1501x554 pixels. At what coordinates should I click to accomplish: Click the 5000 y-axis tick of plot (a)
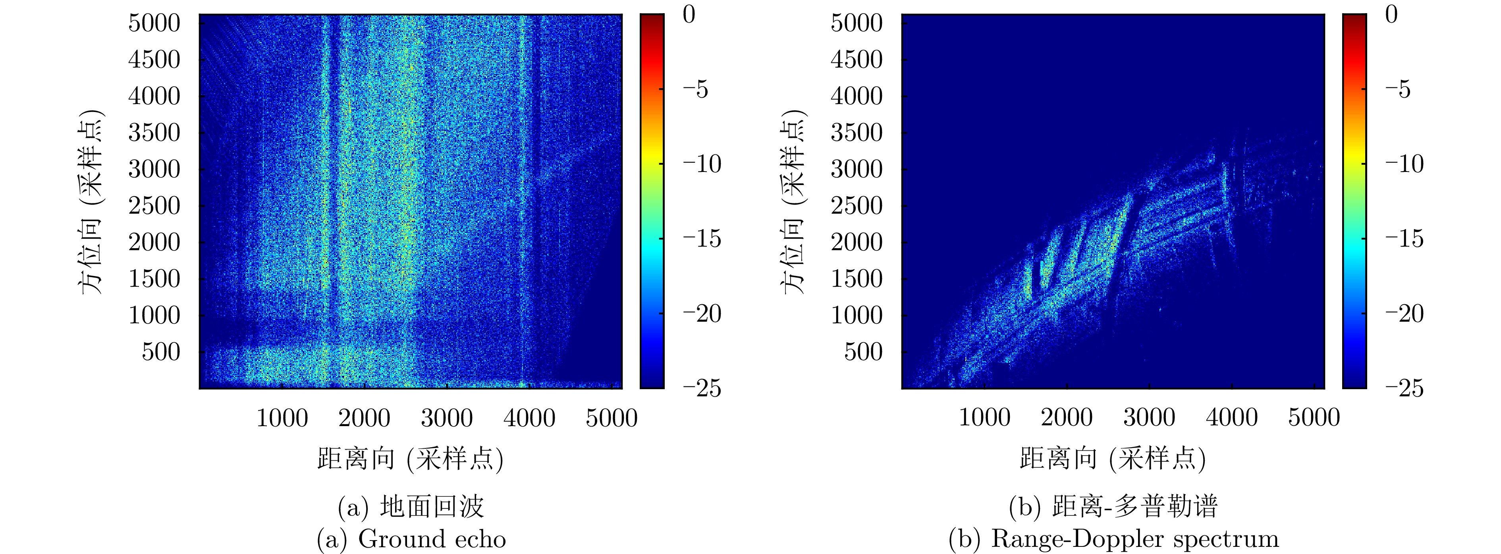pyautogui.click(x=154, y=23)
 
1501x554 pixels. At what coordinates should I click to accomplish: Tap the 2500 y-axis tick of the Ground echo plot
pyautogui.click(x=154, y=206)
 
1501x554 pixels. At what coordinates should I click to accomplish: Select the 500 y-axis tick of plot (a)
pyautogui.click(x=161, y=352)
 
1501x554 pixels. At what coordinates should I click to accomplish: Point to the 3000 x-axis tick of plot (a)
pyautogui.click(x=447, y=418)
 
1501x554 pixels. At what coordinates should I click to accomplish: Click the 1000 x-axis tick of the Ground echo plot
pyautogui.click(x=282, y=418)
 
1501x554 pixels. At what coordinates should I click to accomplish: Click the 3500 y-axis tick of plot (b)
pyautogui.click(x=857, y=133)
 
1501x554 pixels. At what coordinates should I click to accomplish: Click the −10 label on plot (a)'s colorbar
pyautogui.click(x=702, y=164)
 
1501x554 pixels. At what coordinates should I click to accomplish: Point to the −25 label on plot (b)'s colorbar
pyautogui.click(x=1404, y=388)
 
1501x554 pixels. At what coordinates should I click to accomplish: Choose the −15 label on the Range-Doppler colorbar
pyautogui.click(x=1404, y=239)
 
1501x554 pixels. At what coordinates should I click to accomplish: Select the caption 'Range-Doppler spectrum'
pyautogui.click(x=1134, y=539)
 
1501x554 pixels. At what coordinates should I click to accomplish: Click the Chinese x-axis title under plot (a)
pyautogui.click(x=410, y=459)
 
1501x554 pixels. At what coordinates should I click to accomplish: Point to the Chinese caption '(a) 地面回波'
pyautogui.click(x=411, y=507)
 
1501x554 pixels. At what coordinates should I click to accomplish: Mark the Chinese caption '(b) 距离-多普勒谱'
pyautogui.click(x=1113, y=507)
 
